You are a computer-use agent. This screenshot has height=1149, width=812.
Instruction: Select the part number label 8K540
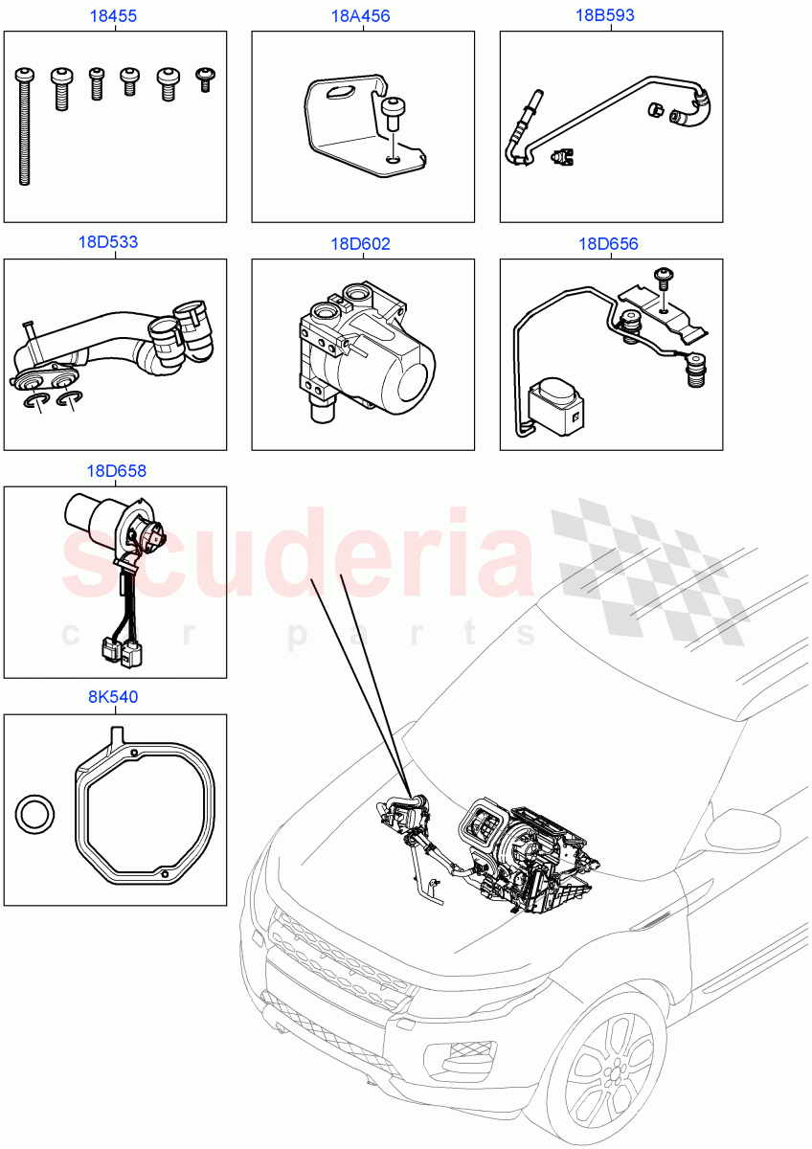pyautogui.click(x=113, y=697)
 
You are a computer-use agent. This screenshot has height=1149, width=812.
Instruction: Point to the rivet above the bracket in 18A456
pyautogui.click(x=392, y=112)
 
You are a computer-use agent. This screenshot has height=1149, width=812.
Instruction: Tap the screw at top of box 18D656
pyautogui.click(x=662, y=277)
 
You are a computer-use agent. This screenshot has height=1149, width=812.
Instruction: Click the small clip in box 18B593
pyautogui.click(x=562, y=156)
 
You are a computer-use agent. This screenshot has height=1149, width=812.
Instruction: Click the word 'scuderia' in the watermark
pyautogui.click(x=297, y=555)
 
